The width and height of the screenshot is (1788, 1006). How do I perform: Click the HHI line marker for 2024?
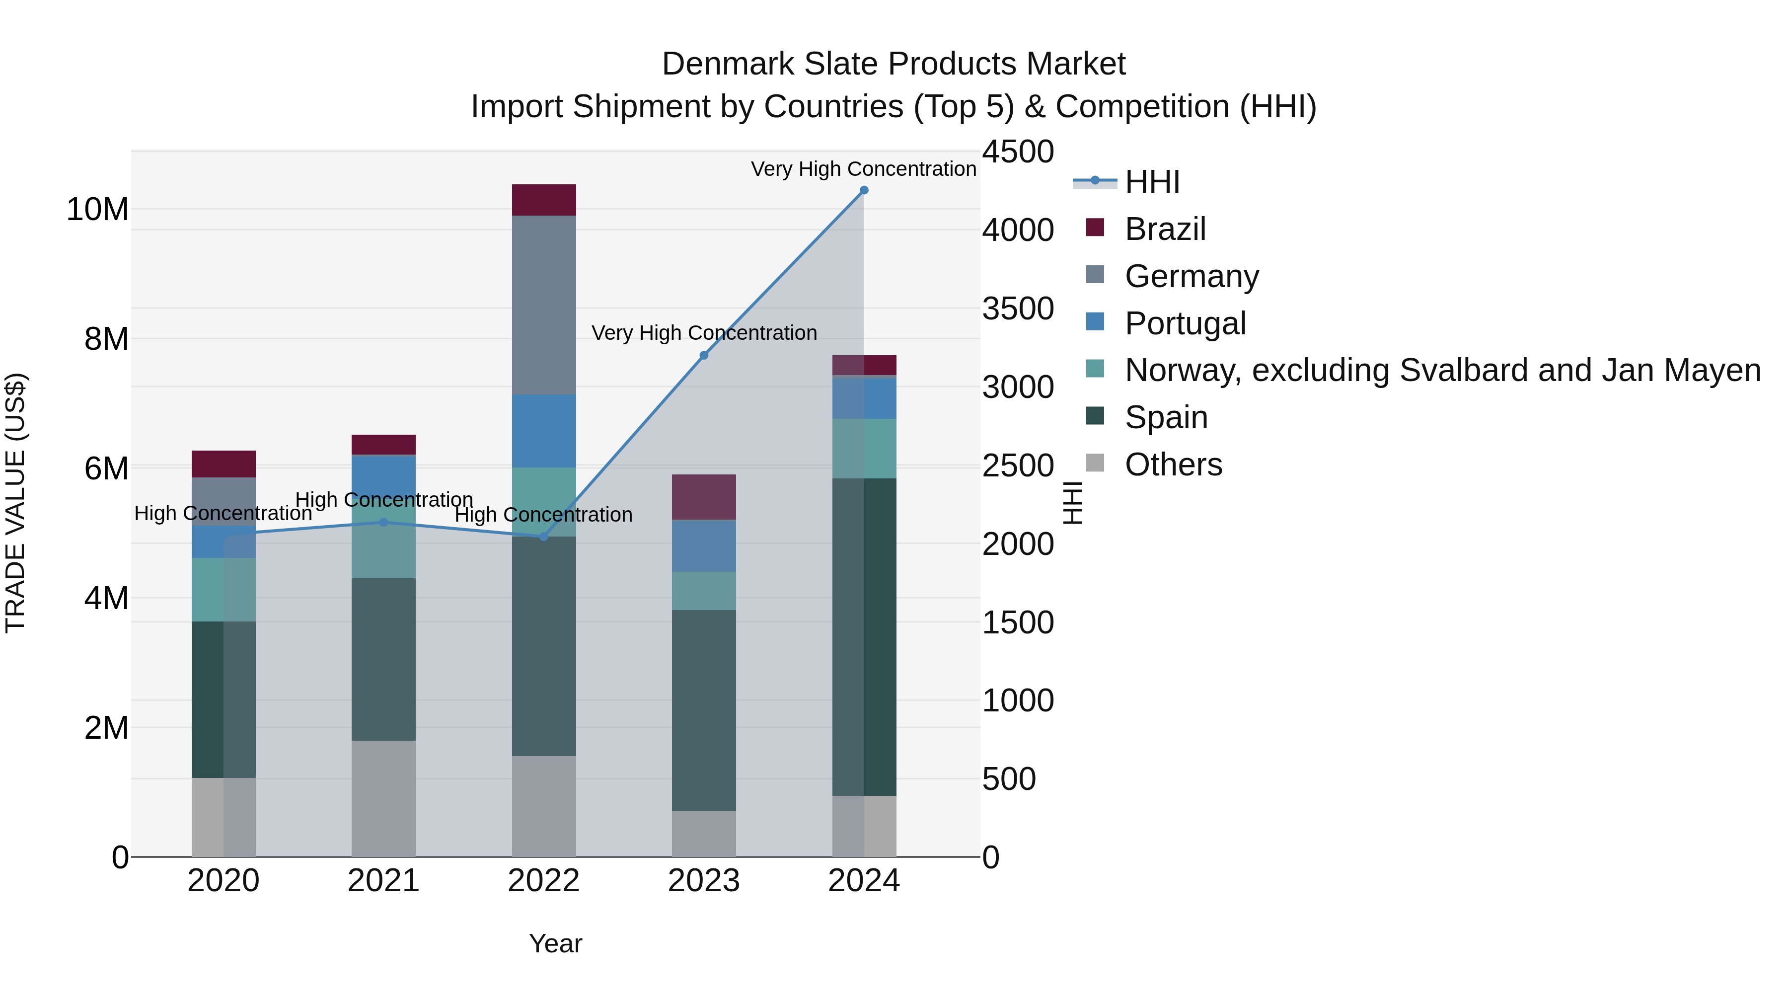(x=864, y=190)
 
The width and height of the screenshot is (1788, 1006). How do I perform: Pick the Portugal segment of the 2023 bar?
(x=704, y=545)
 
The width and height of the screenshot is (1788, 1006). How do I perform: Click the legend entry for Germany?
(x=1191, y=276)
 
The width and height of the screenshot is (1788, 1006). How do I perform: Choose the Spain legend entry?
(x=1166, y=417)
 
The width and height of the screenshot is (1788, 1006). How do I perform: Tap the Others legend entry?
(x=1173, y=464)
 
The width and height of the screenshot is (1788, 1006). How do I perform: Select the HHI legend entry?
(x=1152, y=182)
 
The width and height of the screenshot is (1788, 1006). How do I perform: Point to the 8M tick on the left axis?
(x=106, y=339)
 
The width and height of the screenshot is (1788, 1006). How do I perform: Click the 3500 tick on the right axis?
(x=1018, y=308)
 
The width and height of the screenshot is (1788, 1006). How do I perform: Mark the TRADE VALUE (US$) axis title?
(x=15, y=503)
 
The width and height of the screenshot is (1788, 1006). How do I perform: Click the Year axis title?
(x=555, y=943)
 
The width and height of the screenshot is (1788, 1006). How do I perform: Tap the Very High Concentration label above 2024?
(x=864, y=169)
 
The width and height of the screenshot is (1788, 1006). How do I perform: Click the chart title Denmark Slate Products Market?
(x=894, y=64)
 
